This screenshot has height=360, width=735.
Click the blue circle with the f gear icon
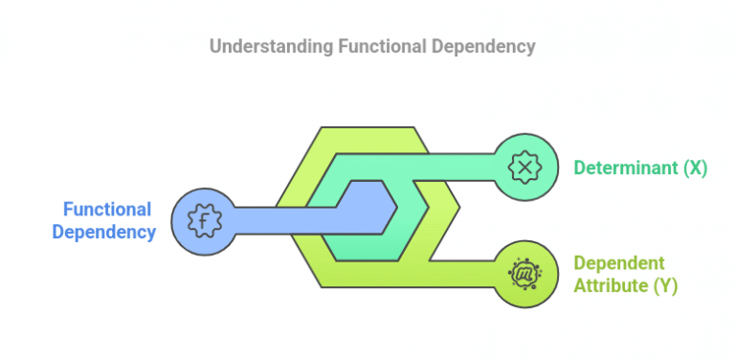[x=204, y=221]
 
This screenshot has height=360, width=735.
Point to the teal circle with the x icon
[x=524, y=167]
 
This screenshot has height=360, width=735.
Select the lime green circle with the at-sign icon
[x=524, y=274]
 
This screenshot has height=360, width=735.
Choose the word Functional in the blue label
[x=107, y=210]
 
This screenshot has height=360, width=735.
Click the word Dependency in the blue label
[x=104, y=232]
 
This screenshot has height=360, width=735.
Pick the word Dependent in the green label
[x=618, y=263]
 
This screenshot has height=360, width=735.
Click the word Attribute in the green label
[x=610, y=285]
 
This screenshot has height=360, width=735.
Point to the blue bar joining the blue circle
[x=278, y=220]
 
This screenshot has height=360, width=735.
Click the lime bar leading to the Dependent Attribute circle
[x=464, y=273]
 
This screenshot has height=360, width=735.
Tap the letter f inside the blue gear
[x=204, y=221]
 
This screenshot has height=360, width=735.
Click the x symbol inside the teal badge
[x=524, y=167]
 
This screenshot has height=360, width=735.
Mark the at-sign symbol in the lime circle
[x=524, y=274]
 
